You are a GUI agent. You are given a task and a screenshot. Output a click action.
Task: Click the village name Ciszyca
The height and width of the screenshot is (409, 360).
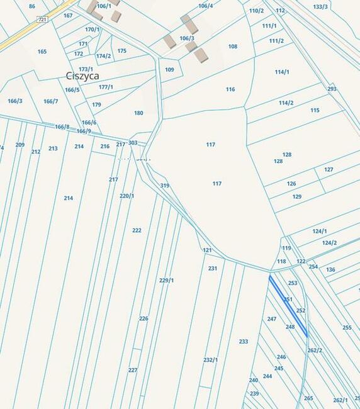82,76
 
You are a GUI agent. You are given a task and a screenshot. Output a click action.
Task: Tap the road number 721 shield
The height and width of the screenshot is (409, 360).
43,20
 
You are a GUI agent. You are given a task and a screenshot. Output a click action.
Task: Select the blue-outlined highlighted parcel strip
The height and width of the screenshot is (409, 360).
288,306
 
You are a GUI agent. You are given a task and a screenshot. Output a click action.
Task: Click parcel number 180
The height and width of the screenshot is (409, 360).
138,113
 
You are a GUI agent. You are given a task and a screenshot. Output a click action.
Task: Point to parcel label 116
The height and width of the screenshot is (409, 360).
230,89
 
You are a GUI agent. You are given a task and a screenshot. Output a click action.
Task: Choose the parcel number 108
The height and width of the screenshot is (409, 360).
233,47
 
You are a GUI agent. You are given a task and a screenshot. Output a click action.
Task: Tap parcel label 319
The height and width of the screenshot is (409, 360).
165,186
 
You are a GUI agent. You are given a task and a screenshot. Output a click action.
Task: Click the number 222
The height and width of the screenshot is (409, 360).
137,230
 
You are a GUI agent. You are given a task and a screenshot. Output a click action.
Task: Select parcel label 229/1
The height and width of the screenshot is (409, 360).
167,280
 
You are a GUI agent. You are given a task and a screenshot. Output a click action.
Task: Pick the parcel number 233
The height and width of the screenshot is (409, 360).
244,342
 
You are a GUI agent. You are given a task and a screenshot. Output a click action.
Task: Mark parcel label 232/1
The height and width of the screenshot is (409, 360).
210,360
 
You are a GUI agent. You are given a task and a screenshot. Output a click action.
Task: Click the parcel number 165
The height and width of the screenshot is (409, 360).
42,52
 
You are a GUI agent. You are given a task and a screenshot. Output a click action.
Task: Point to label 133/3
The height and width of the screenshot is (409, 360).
320,7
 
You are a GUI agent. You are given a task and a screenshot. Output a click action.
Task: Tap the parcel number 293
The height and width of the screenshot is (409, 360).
332,89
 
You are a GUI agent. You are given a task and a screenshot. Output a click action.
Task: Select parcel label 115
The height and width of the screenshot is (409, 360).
315,110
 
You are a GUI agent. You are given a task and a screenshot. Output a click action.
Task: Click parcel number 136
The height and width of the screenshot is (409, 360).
330,269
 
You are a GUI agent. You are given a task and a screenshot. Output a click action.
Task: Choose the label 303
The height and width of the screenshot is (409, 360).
133,143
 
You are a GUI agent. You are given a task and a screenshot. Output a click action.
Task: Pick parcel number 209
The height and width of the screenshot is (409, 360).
20,145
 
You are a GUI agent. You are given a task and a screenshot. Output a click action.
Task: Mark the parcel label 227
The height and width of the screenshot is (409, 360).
133,370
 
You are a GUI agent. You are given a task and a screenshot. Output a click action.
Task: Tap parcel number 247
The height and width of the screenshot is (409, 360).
272,319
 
